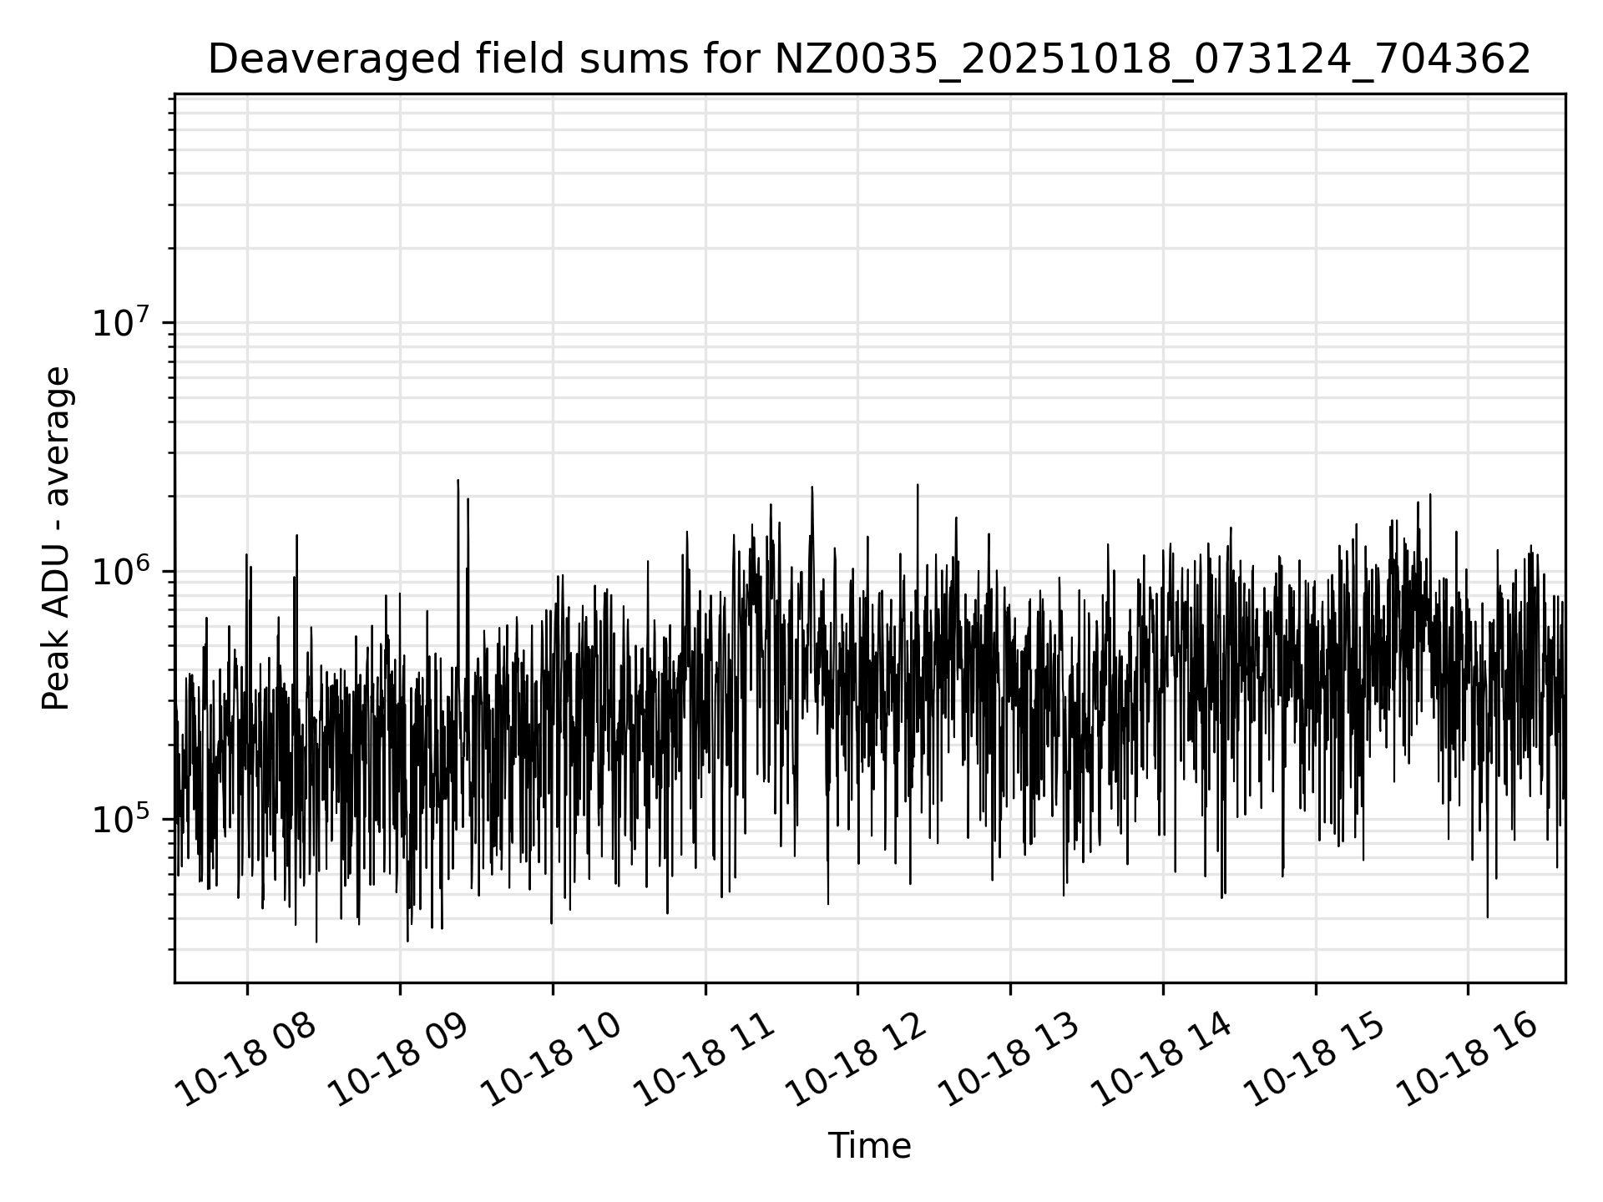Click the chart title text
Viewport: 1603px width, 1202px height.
click(868, 59)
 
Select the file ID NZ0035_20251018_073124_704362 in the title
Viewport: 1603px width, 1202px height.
click(1152, 59)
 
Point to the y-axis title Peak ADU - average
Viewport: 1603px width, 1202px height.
click(57, 538)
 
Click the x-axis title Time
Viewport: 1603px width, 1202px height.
click(868, 1146)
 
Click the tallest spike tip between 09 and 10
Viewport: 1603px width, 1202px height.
click(458, 481)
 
